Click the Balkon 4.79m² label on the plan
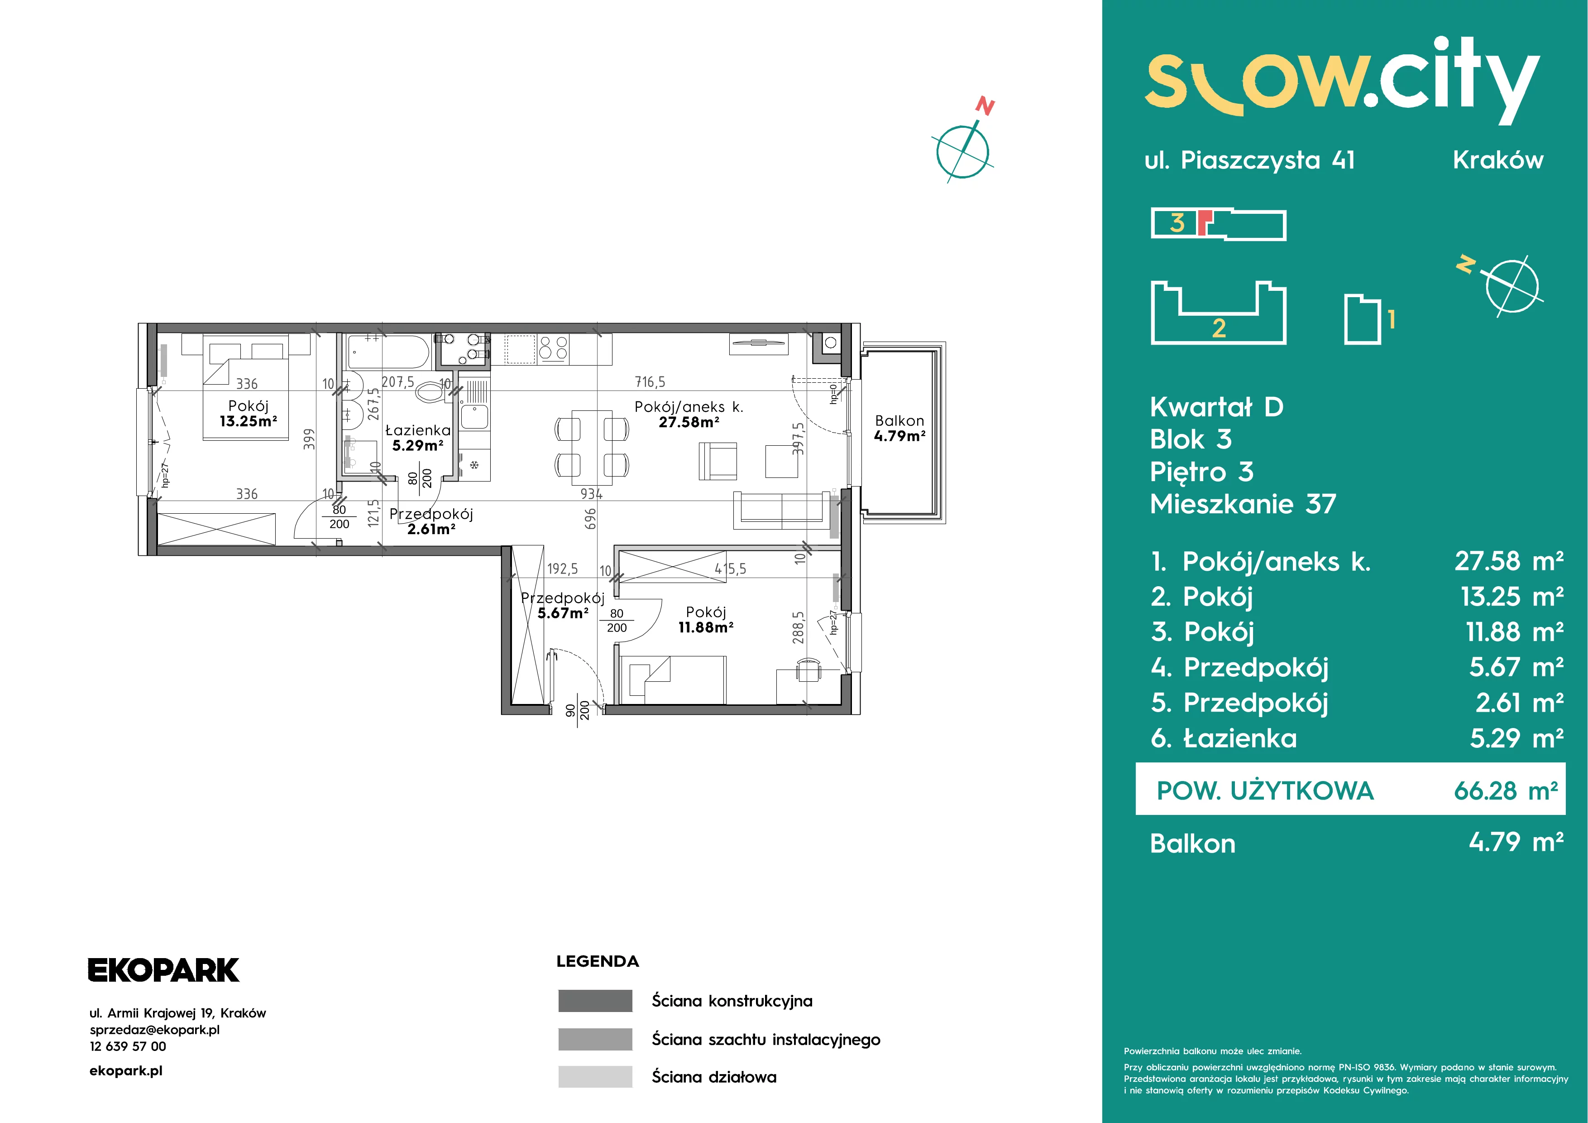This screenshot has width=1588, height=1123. (899, 428)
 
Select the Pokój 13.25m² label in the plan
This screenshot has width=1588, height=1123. (249, 413)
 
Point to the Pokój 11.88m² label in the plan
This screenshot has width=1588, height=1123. (705, 619)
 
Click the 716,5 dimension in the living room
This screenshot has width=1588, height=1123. (650, 382)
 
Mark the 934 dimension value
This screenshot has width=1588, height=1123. (591, 494)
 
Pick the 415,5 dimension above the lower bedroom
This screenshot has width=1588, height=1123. (730, 569)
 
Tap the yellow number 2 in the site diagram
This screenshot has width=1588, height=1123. (1219, 328)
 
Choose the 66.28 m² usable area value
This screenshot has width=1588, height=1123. (1506, 790)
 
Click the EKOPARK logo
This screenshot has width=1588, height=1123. (164, 970)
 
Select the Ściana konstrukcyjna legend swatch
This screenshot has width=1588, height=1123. (595, 1001)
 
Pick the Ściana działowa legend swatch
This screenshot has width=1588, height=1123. (595, 1077)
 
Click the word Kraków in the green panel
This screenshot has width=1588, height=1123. (1498, 160)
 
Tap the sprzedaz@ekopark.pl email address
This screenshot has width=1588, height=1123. (155, 1030)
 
